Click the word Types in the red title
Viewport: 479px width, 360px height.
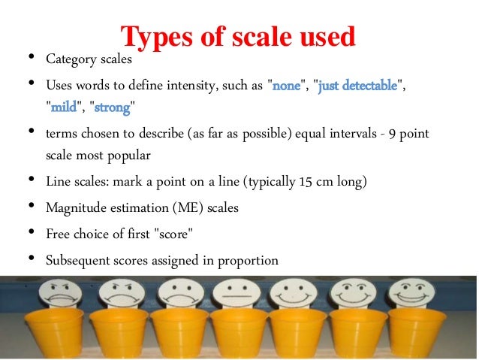coord(154,35)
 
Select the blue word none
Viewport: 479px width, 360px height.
coord(286,86)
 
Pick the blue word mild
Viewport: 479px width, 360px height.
coord(64,108)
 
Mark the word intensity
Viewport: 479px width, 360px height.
coord(194,86)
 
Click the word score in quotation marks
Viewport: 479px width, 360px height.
coord(175,234)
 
